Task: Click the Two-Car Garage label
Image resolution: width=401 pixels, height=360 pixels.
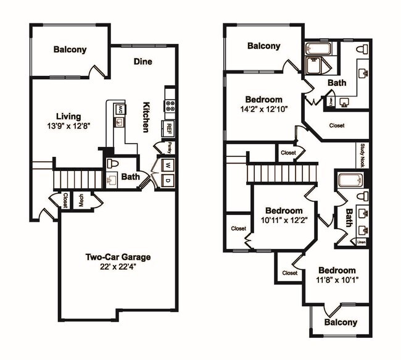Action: [118, 257]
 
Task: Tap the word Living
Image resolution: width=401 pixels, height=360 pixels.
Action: [68, 116]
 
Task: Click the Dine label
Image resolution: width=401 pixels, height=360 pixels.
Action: [143, 61]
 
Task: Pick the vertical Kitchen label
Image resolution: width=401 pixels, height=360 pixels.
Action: [147, 117]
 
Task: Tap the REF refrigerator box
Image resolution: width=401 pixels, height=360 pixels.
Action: [168, 128]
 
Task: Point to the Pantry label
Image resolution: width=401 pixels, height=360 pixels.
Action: [169, 148]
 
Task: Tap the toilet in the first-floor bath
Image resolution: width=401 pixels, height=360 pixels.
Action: [112, 164]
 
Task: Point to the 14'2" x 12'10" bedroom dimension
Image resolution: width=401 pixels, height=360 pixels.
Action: [263, 109]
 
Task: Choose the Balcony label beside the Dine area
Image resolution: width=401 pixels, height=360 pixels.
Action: [70, 50]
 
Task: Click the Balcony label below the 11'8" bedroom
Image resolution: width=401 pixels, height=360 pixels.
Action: [341, 322]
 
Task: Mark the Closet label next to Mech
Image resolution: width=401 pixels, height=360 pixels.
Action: [65, 200]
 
